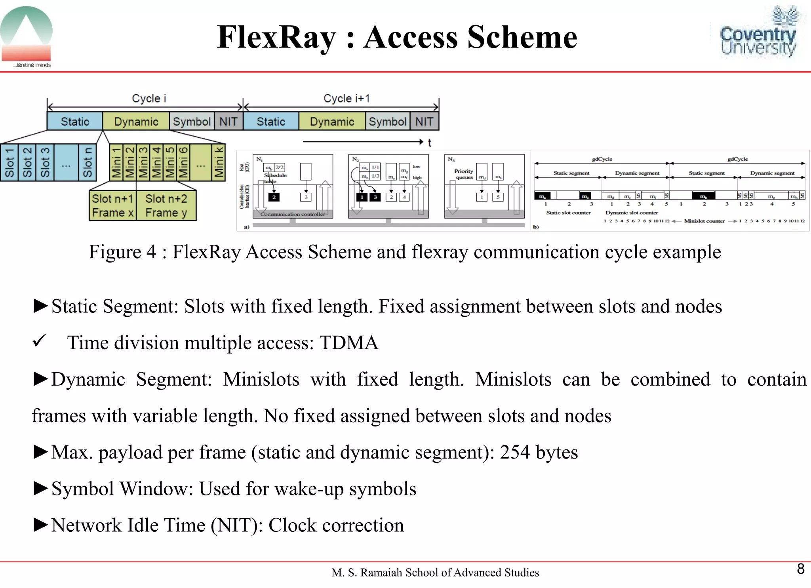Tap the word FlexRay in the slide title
pyautogui.click(x=276, y=37)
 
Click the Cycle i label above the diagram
pyautogui.click(x=149, y=98)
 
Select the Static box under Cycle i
pyautogui.click(x=75, y=122)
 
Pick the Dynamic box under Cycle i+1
pyautogui.click(x=332, y=122)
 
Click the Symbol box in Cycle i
pyautogui.click(x=192, y=122)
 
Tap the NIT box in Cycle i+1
pyautogui.click(x=424, y=122)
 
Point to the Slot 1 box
pyautogui.click(x=9, y=162)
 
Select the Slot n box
pyautogui.click(x=87, y=162)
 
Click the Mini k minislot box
pyautogui.click(x=219, y=162)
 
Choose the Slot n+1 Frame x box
pyautogui.click(x=112, y=206)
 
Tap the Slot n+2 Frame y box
pyautogui.click(x=166, y=206)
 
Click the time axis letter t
pyautogui.click(x=429, y=143)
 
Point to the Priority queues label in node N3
pyautogui.click(x=464, y=174)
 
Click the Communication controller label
pyautogui.click(x=293, y=214)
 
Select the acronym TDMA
pyautogui.click(x=348, y=343)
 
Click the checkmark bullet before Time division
pyautogui.click(x=40, y=341)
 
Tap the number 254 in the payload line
pyautogui.click(x=514, y=452)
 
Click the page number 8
pyautogui.click(x=800, y=569)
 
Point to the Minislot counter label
pyautogui.click(x=704, y=221)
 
